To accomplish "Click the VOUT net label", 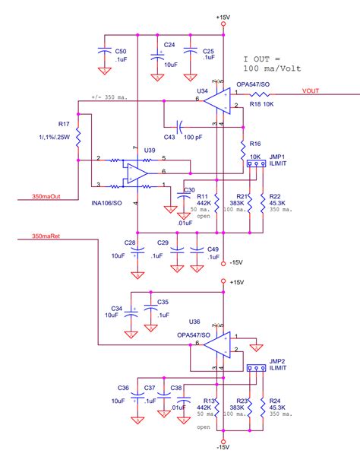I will (312, 90).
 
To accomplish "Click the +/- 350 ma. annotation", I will (106, 97).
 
